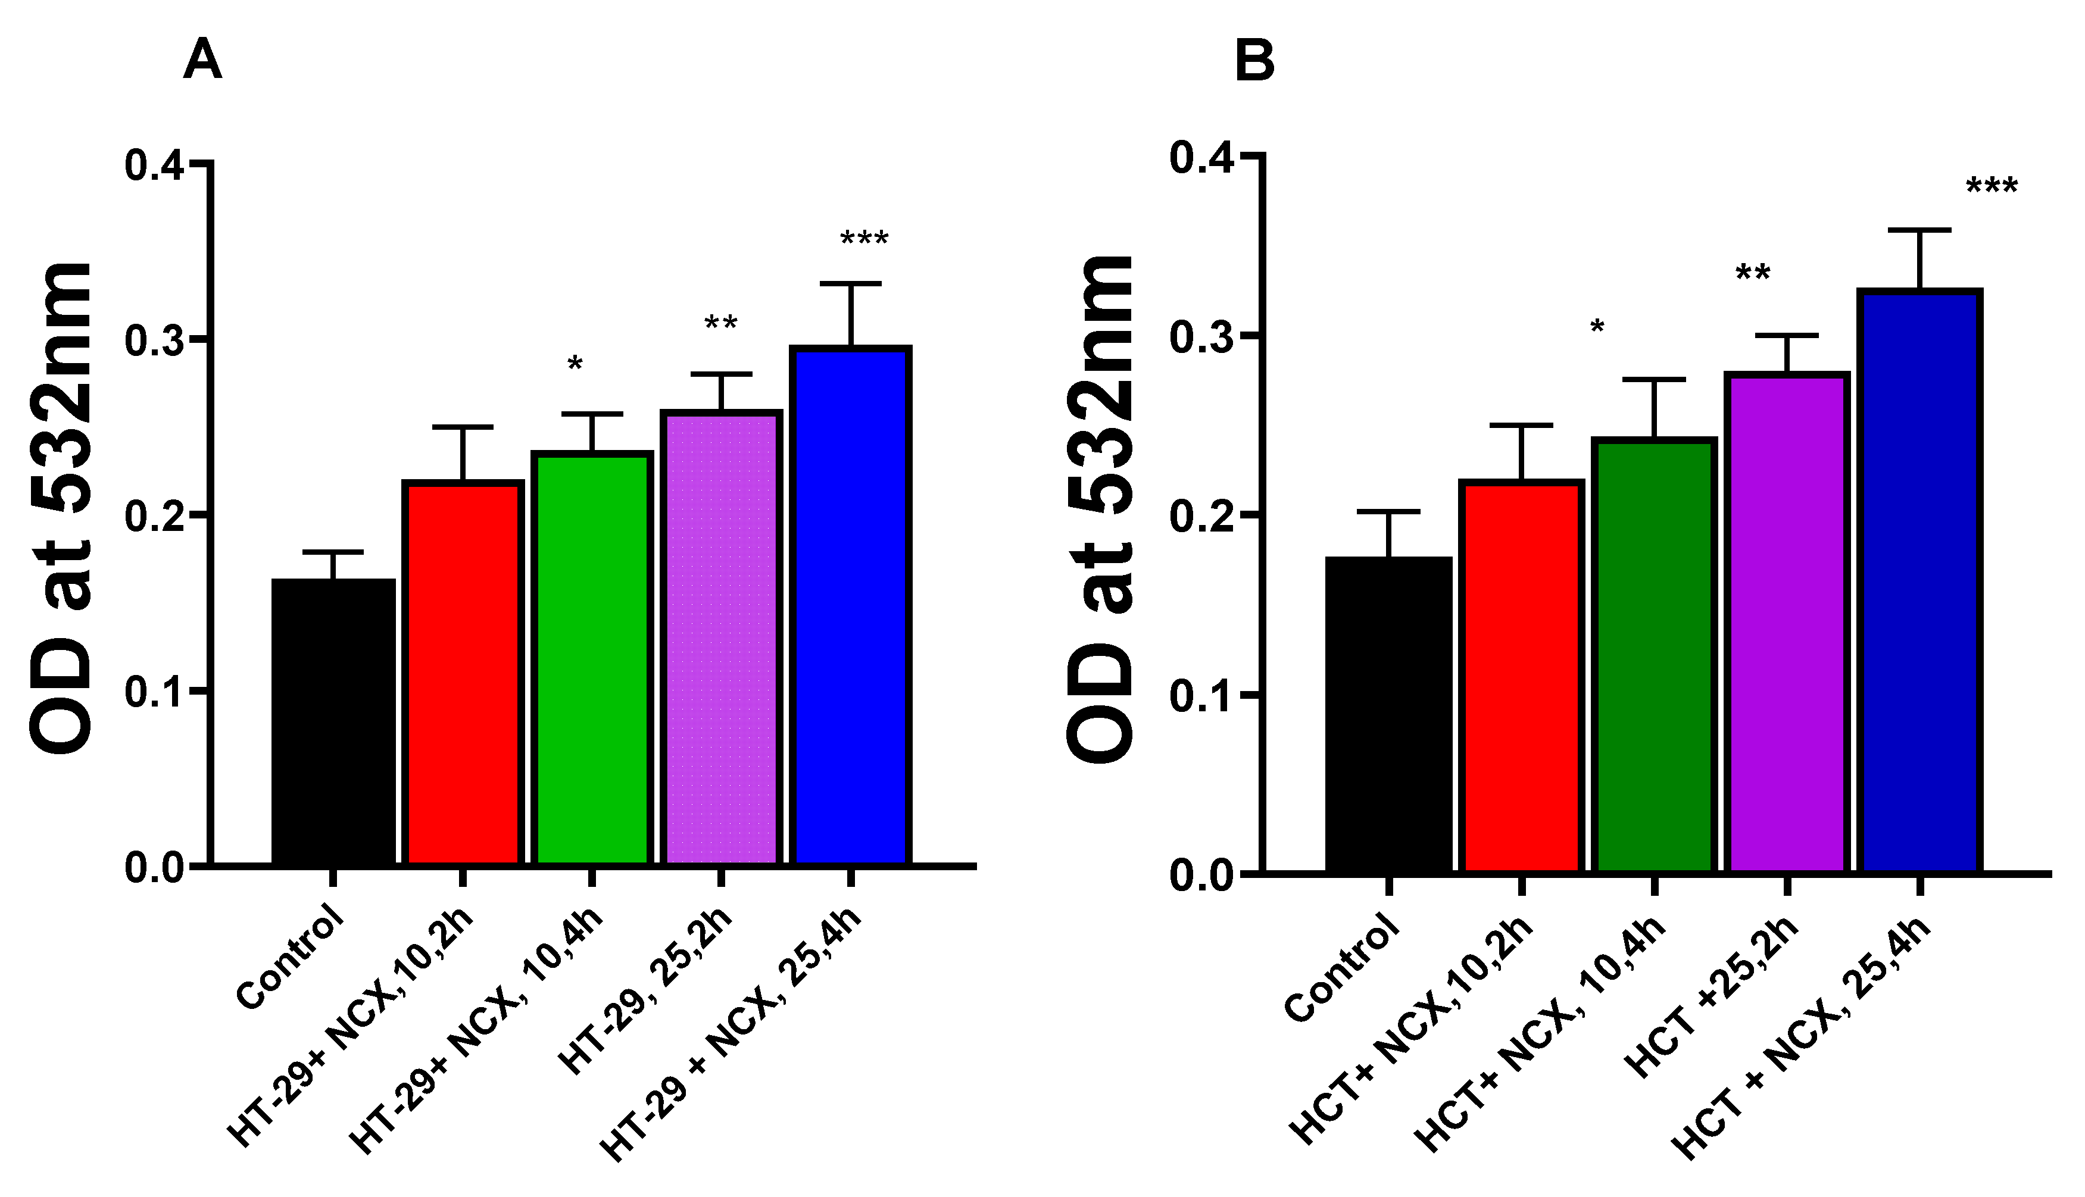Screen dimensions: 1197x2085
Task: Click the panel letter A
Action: point(202,61)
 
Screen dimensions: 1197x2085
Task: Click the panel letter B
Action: point(1254,61)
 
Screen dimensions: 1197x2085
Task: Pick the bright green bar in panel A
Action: point(592,658)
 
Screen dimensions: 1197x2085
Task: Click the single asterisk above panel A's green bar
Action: point(575,365)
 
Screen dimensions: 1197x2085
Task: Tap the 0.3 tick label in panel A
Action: point(154,340)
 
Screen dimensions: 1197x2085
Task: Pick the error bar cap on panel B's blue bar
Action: point(1919,230)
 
